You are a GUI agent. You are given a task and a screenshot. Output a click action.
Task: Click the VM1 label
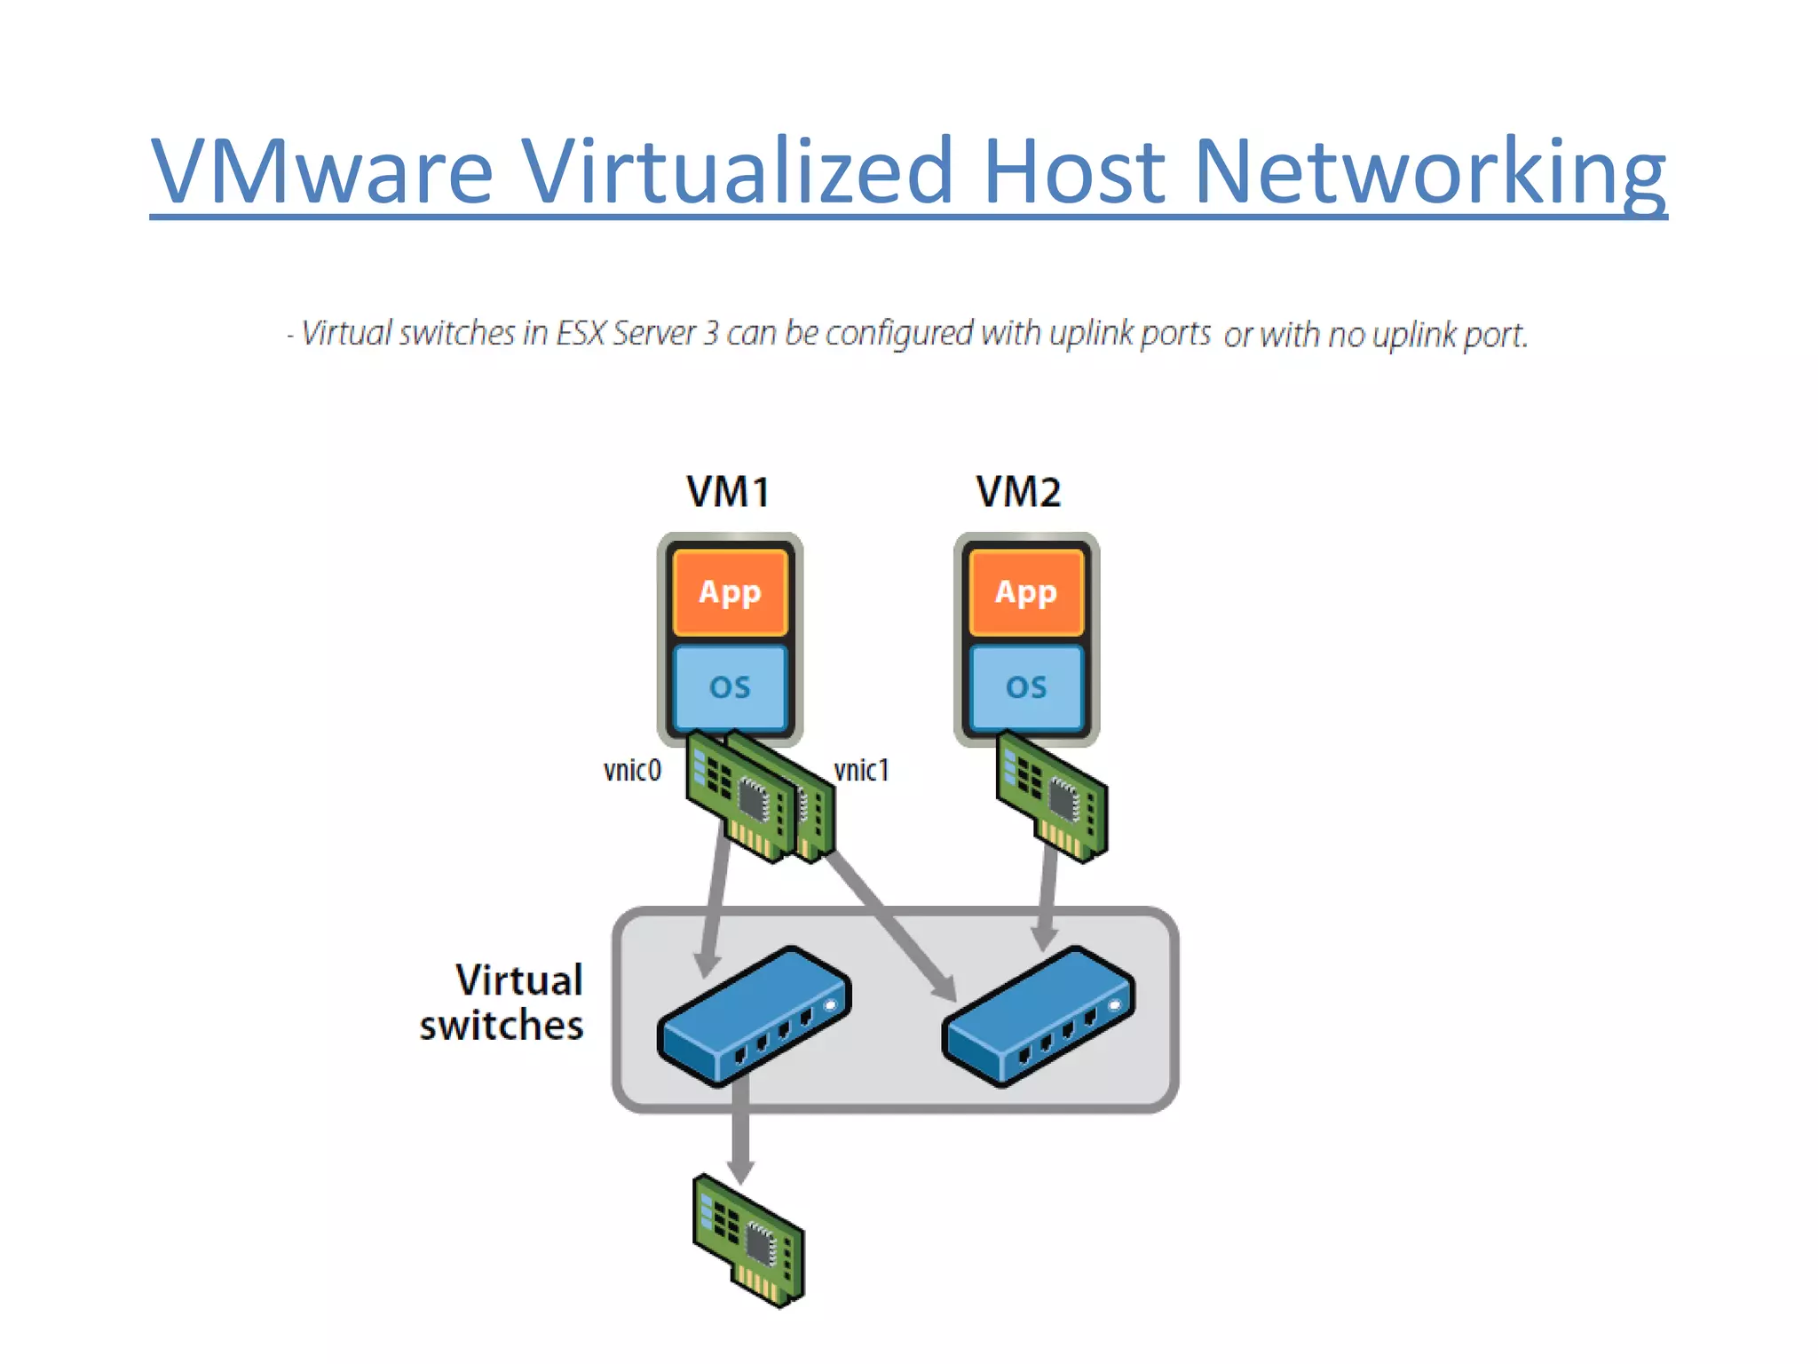click(x=728, y=492)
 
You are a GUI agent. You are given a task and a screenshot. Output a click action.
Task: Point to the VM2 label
click(x=1018, y=492)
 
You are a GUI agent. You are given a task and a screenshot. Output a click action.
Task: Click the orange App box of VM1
click(x=730, y=591)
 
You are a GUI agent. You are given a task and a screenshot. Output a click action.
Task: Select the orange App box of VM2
click(x=1026, y=591)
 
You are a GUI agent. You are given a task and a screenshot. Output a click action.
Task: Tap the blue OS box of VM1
click(x=730, y=687)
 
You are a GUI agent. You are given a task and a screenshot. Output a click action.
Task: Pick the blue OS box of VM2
click(x=1026, y=687)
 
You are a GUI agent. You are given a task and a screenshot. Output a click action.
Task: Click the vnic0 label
click(x=632, y=770)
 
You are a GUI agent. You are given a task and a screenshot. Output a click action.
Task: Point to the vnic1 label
click(x=861, y=770)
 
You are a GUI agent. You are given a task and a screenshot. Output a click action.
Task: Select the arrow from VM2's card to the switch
click(x=1047, y=897)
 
